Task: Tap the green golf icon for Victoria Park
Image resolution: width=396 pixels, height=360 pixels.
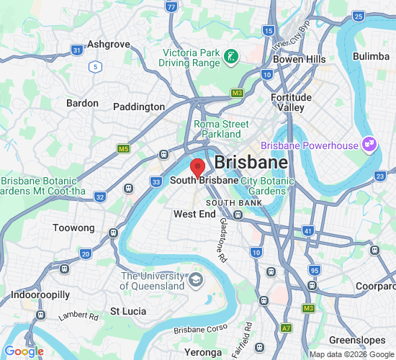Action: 231,56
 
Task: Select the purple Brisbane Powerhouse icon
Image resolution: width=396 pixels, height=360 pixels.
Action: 369,145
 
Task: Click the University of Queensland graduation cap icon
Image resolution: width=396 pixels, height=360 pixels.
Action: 196,279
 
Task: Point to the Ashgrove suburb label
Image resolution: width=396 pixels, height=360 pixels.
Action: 108,45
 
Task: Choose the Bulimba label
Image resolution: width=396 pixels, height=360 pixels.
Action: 371,56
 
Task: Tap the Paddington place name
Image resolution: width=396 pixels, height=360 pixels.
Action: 139,107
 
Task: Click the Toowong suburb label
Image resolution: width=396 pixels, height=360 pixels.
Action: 73,228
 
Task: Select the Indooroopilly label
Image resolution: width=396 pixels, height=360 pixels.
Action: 40,295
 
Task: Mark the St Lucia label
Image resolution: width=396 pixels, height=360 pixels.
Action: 128,312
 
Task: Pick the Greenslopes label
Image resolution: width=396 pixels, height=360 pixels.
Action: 353,340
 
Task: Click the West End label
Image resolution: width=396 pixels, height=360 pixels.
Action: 194,215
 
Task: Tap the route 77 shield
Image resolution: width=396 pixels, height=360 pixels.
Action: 171,6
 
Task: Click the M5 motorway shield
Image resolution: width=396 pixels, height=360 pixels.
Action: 123,148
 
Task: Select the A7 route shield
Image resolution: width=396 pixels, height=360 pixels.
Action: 287,328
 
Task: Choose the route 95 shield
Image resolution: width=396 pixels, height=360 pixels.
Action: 314,270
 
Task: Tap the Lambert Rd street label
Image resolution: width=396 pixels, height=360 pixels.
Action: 78,316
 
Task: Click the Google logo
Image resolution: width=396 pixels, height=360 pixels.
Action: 24,351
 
